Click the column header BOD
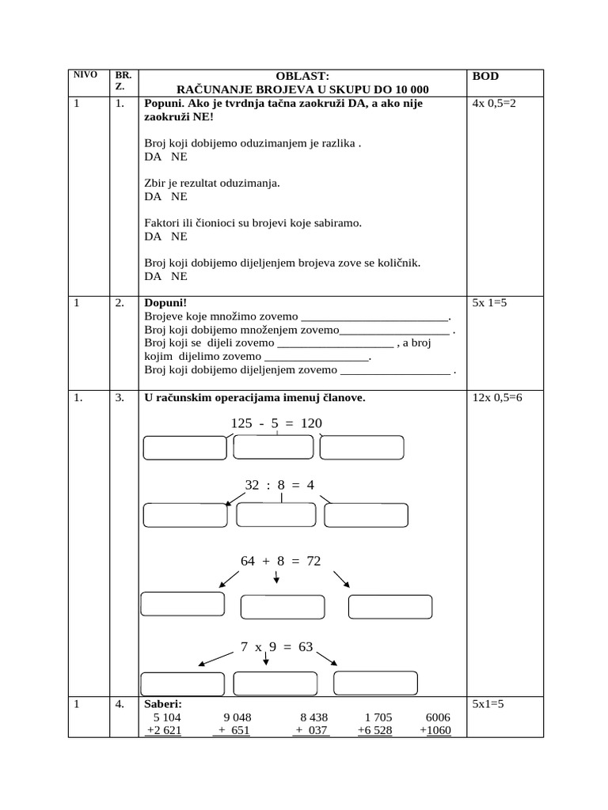(x=485, y=77)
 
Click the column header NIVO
(x=85, y=75)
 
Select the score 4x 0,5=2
(x=493, y=104)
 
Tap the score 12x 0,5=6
(x=497, y=398)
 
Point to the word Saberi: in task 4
(x=163, y=704)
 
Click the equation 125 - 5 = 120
(x=276, y=424)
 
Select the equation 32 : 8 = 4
(x=279, y=485)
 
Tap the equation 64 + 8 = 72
(x=280, y=561)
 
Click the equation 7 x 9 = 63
(x=276, y=647)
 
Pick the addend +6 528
(x=374, y=730)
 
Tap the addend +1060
(x=435, y=730)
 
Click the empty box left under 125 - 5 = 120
(x=184, y=448)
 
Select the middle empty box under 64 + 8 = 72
(x=282, y=607)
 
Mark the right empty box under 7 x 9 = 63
(x=375, y=683)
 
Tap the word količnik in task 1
(x=398, y=263)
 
